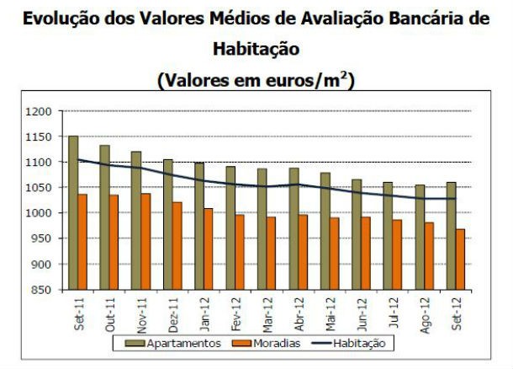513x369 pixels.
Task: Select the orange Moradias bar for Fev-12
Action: tap(241, 252)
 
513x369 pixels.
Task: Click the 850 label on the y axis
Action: tap(41, 290)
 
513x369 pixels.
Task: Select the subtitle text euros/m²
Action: tap(309, 80)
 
